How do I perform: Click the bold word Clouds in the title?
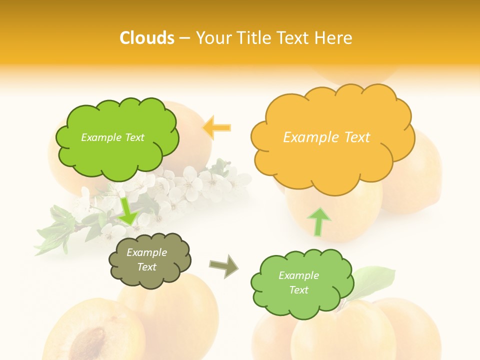146,38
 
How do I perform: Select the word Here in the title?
334,38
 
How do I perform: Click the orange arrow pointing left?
216,127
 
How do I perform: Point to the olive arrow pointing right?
223,265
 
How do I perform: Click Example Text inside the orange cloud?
326,137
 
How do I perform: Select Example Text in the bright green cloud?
112,137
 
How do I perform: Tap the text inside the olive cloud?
147,260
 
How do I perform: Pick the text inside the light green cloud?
298,282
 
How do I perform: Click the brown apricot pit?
87,343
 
